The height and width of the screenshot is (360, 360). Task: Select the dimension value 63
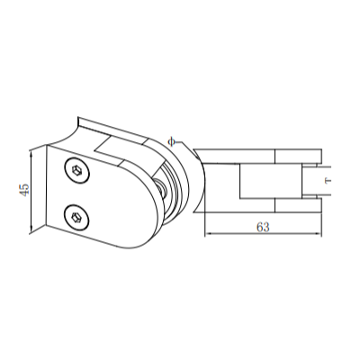pos(263,227)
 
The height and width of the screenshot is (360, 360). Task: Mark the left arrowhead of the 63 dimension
pos(208,236)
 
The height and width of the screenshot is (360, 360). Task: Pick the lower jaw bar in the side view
pos(261,208)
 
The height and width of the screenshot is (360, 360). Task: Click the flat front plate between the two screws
pos(99,193)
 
